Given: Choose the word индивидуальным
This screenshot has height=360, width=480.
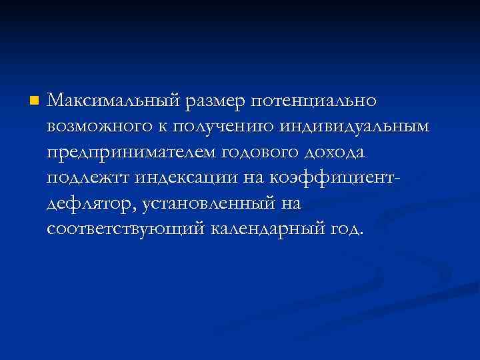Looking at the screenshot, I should tap(356, 127).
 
